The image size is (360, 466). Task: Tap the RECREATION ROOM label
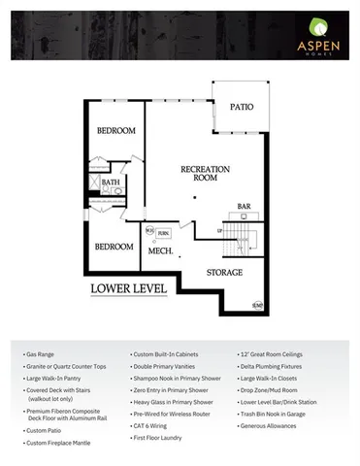(x=205, y=175)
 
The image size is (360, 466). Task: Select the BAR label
(x=245, y=206)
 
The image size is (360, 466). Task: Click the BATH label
(x=111, y=181)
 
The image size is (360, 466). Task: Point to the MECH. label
(x=160, y=251)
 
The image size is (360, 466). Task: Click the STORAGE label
(x=224, y=273)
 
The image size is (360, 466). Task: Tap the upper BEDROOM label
(x=116, y=132)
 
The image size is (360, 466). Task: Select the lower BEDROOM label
(x=114, y=247)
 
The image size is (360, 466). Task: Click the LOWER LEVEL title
(x=127, y=288)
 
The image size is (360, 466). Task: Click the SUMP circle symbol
(x=257, y=306)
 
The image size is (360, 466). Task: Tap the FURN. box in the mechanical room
(x=164, y=233)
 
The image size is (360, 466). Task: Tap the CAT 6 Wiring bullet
(x=153, y=424)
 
